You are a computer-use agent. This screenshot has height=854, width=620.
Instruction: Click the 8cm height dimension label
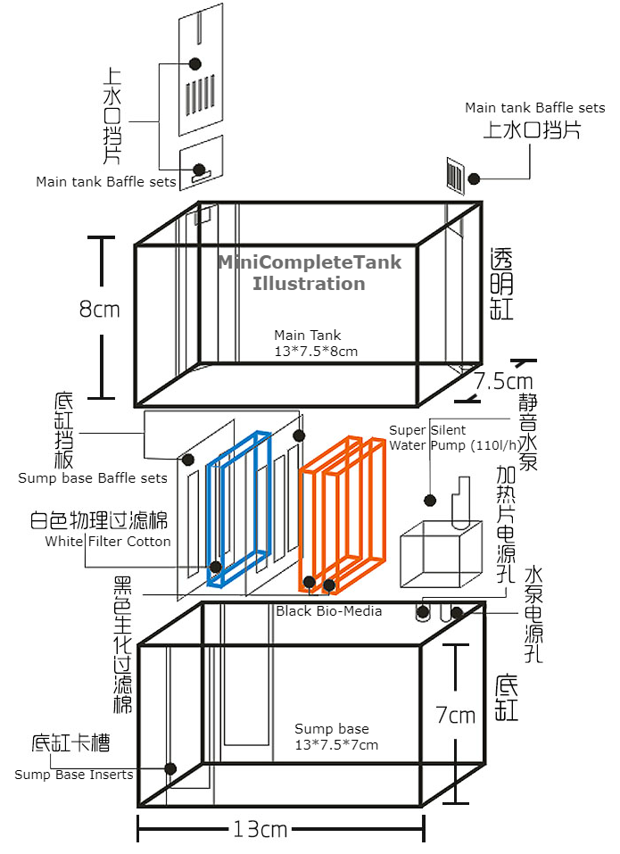click(99, 309)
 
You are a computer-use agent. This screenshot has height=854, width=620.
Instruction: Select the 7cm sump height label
click(455, 714)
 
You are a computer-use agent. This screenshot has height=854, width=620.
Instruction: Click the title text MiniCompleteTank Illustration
click(310, 273)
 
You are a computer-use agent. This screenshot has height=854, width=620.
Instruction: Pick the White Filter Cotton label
click(107, 542)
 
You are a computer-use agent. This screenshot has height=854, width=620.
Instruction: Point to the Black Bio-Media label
click(328, 610)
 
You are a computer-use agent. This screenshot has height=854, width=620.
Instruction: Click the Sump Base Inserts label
click(74, 775)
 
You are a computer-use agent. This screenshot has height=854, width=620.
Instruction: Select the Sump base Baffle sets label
click(93, 477)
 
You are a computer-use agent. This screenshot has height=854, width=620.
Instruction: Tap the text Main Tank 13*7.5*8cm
click(316, 344)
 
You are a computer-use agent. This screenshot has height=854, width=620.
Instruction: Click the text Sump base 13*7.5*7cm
click(336, 737)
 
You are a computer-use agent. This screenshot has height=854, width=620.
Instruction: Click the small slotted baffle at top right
click(455, 174)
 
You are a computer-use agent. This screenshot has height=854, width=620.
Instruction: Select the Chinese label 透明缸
click(503, 284)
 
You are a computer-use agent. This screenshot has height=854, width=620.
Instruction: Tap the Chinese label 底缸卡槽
click(71, 742)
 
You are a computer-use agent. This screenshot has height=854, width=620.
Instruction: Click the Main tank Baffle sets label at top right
click(534, 108)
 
